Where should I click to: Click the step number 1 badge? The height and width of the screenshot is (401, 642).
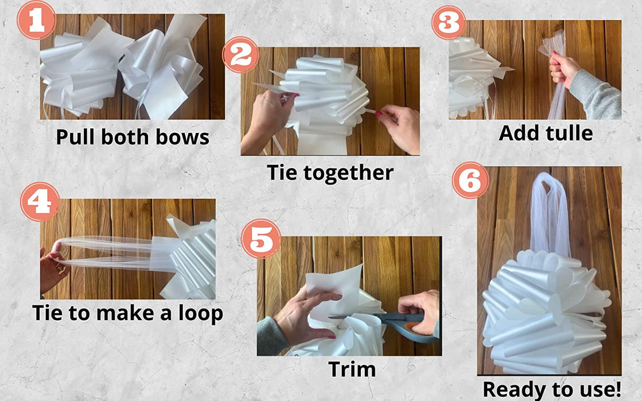[37, 20]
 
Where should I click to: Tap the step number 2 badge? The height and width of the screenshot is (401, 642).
[241, 55]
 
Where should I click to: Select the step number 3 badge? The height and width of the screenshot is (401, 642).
[449, 22]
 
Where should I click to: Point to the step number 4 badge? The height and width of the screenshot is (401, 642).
[40, 202]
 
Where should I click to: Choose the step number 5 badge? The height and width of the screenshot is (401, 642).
[261, 239]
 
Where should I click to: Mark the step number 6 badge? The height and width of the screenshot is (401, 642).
[470, 180]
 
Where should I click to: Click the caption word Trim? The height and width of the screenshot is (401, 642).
[352, 369]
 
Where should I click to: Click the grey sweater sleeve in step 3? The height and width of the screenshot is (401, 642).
[595, 96]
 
